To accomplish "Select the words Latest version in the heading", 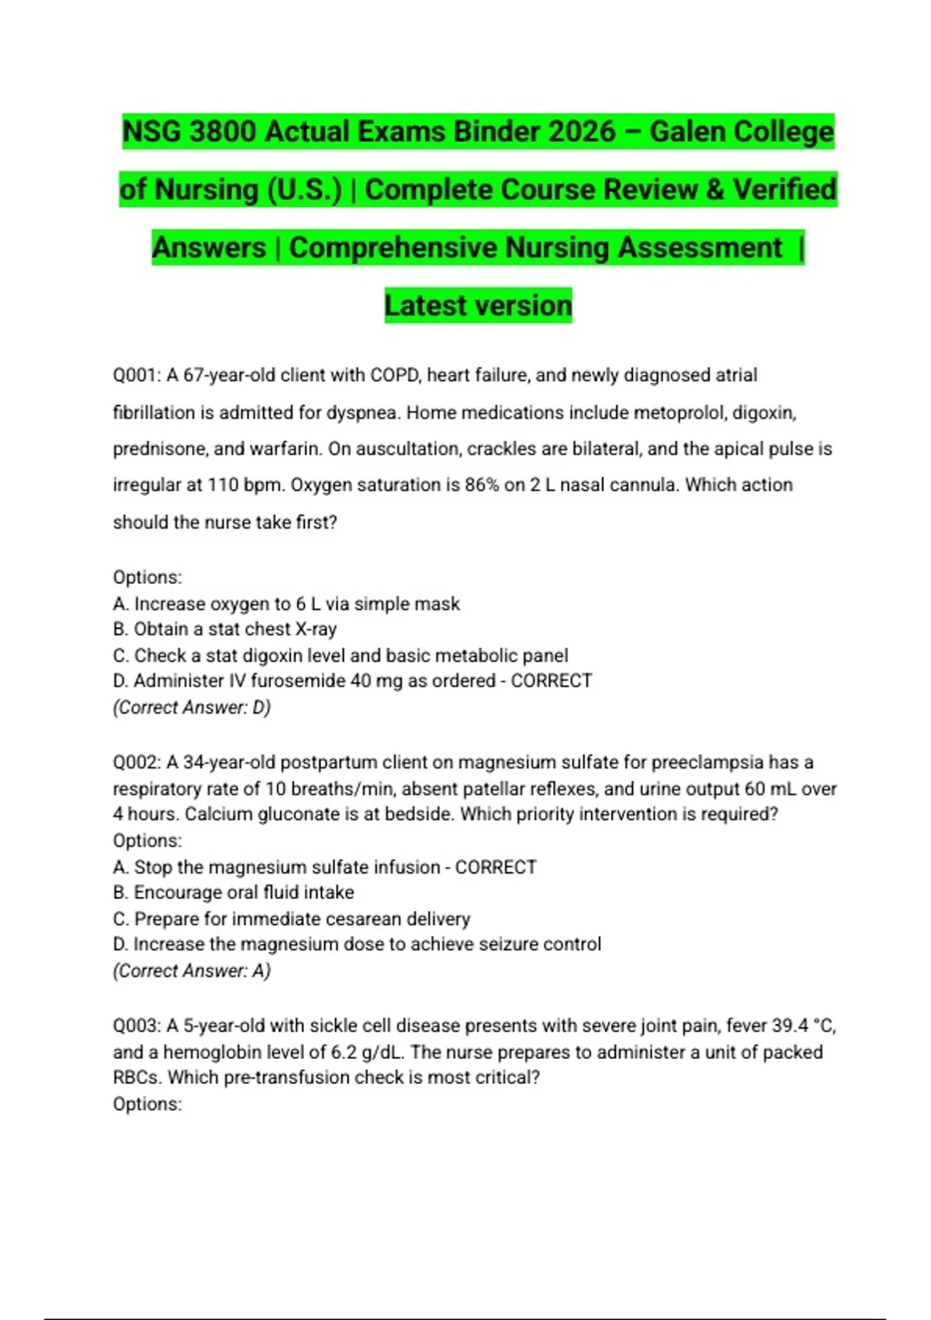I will click(478, 306).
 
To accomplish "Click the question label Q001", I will click(137, 376).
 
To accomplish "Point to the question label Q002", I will click(137, 762).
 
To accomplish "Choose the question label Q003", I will click(137, 1026).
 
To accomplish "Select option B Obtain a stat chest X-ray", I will click(225, 629).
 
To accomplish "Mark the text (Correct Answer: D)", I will click(192, 707).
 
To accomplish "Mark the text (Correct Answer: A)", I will click(192, 971).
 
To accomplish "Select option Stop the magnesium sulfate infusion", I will click(287, 867).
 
